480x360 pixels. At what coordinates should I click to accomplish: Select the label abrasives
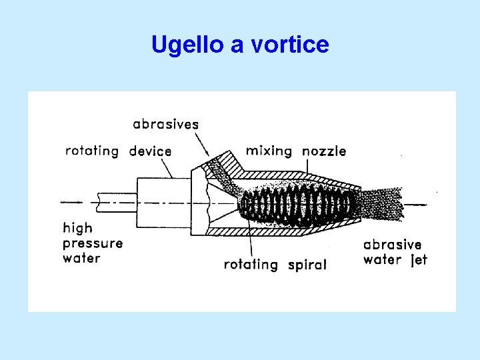[165, 124]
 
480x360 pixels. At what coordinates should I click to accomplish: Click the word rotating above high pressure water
[92, 151]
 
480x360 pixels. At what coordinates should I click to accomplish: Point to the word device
[150, 151]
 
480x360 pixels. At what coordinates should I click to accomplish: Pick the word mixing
[269, 151]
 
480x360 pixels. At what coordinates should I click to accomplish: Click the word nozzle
[324, 151]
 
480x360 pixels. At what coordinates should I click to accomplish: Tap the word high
[77, 229]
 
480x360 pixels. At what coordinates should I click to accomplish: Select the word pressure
[93, 244]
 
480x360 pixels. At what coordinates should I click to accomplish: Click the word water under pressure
[81, 258]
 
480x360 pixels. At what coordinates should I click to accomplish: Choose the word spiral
[307, 265]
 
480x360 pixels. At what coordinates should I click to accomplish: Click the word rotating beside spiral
[251, 265]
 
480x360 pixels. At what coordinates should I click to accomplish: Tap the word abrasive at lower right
[392, 245]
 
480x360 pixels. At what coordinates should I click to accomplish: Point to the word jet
[418, 259]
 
